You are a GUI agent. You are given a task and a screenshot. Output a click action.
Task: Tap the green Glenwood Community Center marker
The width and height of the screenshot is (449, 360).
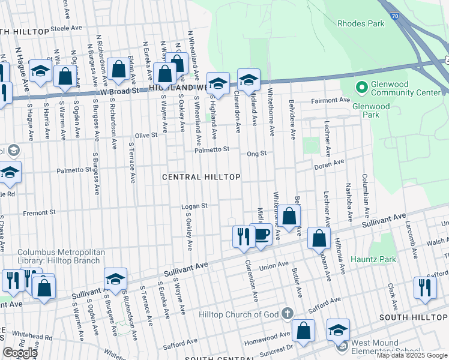(x=361, y=88)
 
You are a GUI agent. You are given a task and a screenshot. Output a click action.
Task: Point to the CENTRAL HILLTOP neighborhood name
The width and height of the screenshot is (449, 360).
(x=202, y=177)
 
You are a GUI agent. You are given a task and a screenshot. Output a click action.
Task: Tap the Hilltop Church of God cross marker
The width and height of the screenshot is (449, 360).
(x=287, y=313)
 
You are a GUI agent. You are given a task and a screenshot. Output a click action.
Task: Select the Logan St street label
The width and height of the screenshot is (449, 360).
(x=194, y=206)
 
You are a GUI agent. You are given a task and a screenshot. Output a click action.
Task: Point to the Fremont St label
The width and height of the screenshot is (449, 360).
(x=39, y=212)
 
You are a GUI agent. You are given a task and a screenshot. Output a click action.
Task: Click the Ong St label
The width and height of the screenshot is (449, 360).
(x=256, y=154)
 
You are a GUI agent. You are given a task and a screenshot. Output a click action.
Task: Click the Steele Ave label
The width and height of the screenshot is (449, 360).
(x=66, y=28)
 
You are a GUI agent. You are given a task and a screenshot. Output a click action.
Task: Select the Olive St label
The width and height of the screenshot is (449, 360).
(x=146, y=135)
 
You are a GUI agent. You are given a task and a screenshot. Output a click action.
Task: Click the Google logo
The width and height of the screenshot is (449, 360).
(x=20, y=353)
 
